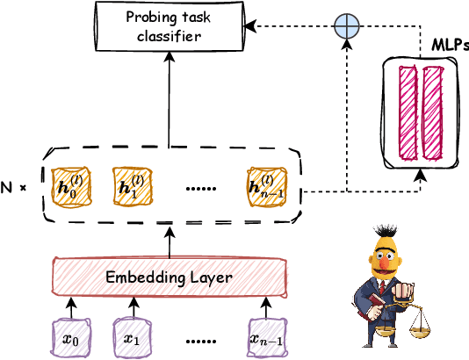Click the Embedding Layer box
pyautogui.click(x=169, y=277)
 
